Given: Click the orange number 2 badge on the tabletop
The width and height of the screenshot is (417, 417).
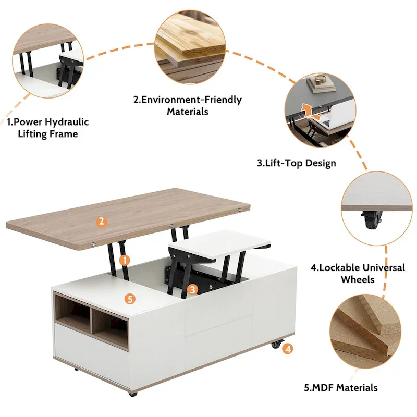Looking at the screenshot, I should [x=102, y=222].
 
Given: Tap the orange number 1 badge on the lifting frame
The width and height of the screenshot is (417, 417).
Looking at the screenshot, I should [x=124, y=259].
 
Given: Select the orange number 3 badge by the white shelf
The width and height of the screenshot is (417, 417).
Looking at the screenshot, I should [x=192, y=289].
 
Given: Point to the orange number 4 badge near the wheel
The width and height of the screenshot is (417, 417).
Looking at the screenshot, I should [x=288, y=349].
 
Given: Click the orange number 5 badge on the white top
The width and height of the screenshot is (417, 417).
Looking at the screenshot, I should [x=130, y=299].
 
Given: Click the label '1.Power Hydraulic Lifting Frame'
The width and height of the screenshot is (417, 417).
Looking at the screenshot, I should [x=48, y=128].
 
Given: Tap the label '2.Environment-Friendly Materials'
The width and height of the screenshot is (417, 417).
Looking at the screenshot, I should [x=188, y=105].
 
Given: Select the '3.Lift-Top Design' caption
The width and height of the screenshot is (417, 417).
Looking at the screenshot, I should [x=297, y=163].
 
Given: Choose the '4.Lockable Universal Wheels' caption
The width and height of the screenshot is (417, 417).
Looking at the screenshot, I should [x=358, y=273].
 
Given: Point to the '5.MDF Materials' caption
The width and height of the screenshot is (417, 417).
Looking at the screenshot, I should [x=341, y=387].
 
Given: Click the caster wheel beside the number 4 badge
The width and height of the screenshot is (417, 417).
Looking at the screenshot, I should [x=275, y=345].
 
